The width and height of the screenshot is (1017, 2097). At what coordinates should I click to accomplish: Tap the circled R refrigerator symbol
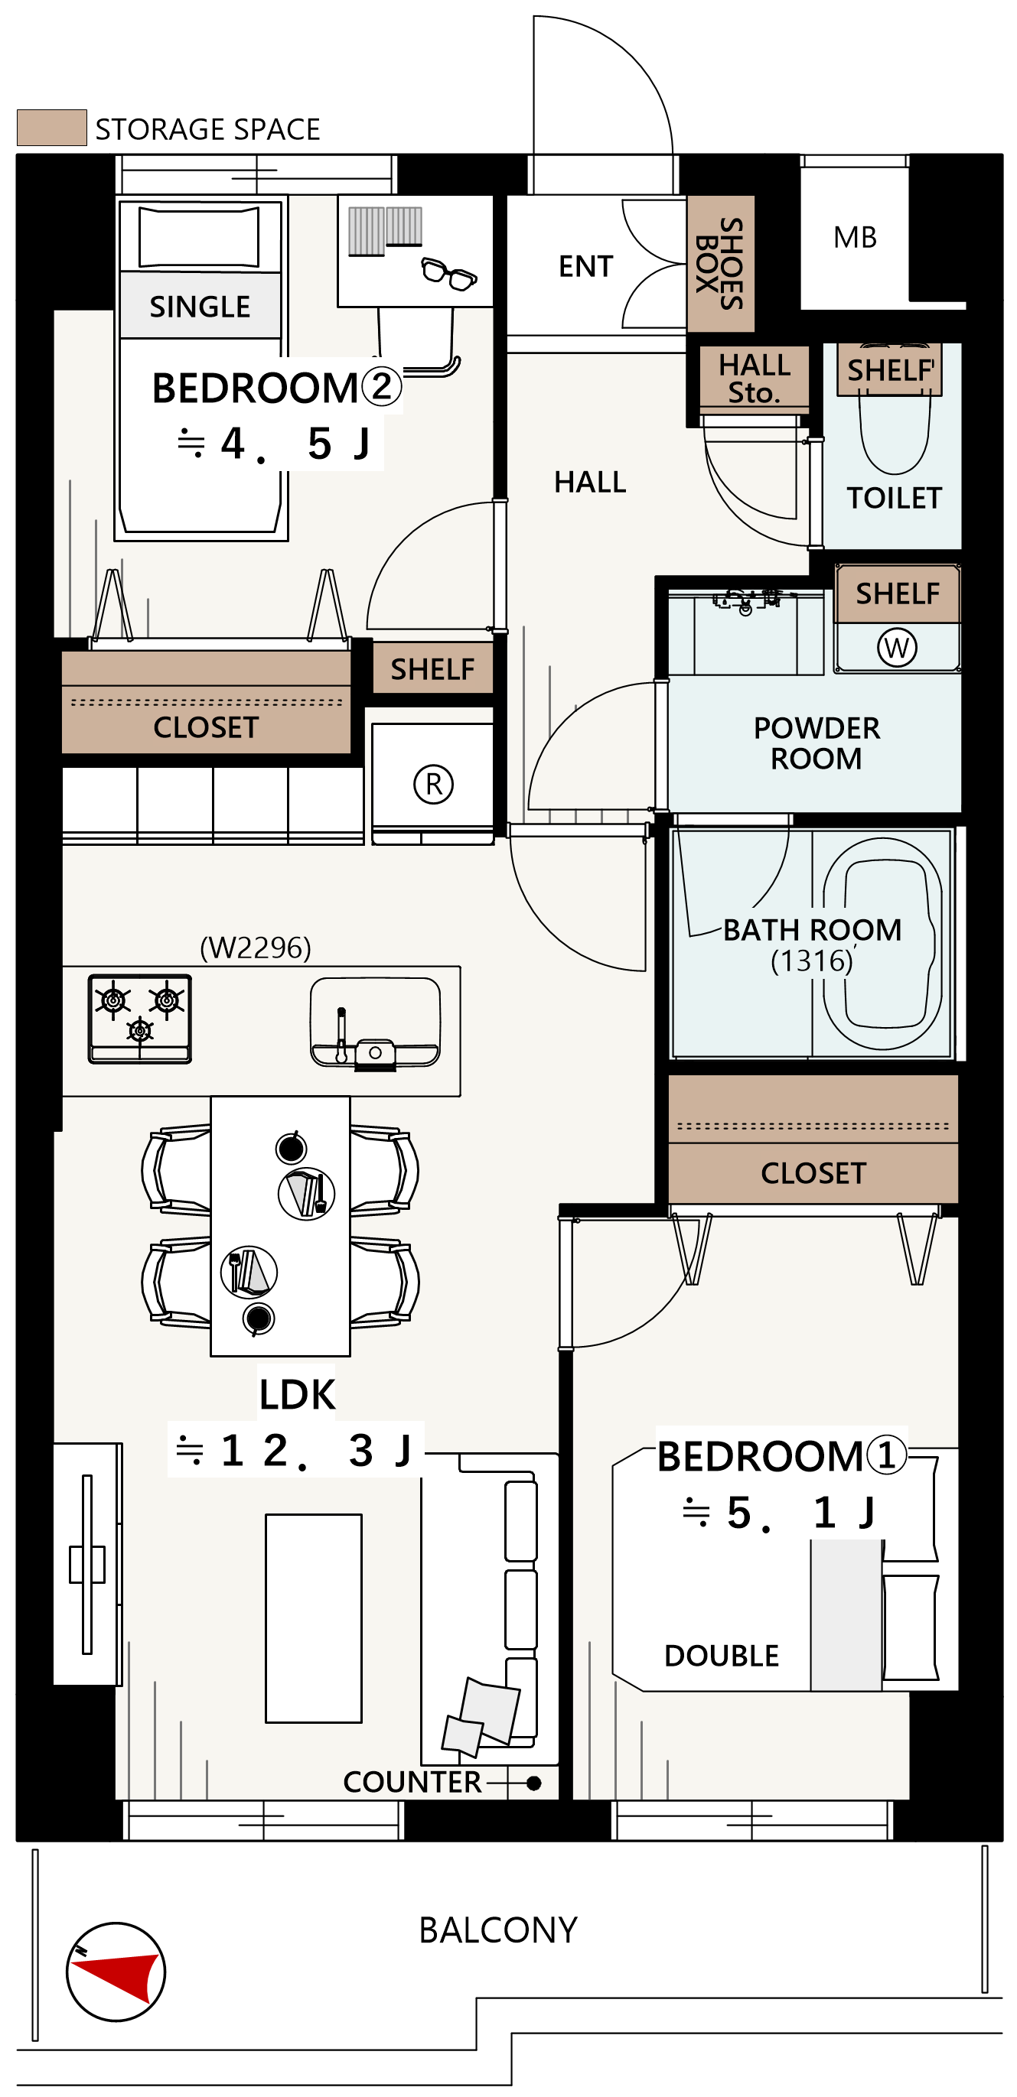433,784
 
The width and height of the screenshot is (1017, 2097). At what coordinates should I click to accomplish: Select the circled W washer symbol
897,647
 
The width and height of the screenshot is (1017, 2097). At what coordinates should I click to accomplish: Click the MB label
855,237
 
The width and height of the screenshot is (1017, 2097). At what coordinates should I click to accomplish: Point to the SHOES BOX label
720,264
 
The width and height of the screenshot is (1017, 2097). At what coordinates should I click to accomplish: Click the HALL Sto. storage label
755,379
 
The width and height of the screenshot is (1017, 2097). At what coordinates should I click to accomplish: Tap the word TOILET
894,497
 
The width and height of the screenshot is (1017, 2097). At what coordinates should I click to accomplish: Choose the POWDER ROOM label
817,743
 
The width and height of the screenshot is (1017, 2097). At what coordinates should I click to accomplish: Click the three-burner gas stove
140,1019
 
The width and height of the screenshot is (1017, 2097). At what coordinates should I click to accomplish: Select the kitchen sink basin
376,1022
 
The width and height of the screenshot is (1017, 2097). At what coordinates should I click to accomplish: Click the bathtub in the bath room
882,944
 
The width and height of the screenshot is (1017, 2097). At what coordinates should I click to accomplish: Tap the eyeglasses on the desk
448,273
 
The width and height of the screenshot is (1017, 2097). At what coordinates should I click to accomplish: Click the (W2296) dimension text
256,948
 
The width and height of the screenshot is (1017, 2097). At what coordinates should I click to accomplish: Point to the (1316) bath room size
812,961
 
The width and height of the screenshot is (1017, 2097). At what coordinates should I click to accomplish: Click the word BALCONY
498,1930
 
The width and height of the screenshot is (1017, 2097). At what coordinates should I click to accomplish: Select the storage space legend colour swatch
52,127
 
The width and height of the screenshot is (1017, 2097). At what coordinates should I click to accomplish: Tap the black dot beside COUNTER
534,1783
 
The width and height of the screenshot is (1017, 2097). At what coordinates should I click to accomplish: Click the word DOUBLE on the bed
722,1656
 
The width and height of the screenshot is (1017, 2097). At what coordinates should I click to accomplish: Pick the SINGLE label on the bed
200,307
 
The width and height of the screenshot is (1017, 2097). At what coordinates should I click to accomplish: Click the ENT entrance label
585,266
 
